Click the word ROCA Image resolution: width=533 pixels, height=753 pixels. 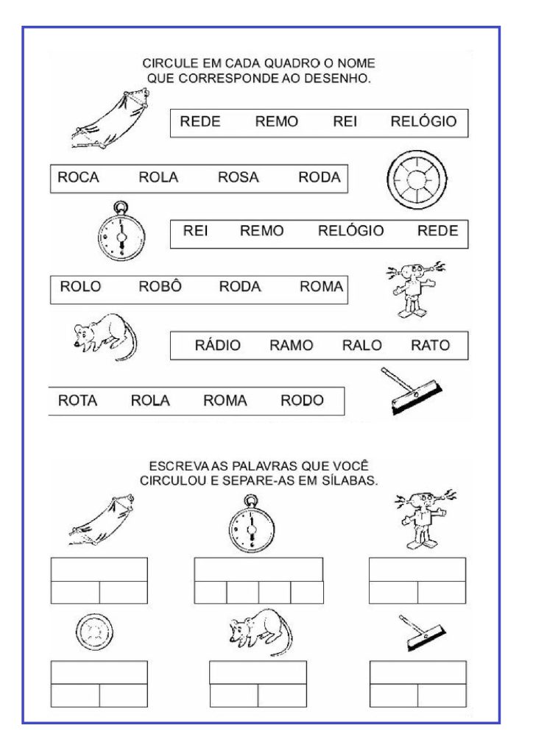78,177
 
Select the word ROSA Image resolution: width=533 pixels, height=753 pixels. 239,177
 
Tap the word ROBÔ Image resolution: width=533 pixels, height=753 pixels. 160,287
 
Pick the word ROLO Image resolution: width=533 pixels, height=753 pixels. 80,287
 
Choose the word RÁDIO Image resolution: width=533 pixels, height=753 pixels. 217,345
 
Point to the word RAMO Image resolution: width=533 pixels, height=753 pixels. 291,345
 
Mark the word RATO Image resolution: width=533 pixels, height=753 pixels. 431,345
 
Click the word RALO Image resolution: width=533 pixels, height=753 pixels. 361,345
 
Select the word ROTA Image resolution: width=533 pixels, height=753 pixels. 77,400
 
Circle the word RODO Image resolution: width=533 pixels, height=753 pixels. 302,400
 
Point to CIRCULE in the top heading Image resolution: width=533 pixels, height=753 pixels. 169,64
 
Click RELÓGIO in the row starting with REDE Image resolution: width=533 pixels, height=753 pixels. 423,121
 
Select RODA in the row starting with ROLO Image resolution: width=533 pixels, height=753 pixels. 240,287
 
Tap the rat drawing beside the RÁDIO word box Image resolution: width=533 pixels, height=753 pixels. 104,335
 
